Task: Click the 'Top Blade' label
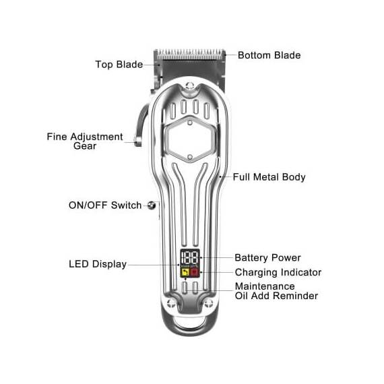click(119, 65)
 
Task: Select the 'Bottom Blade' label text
click(269, 55)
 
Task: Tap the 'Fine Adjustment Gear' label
click(85, 141)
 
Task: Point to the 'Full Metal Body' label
click(269, 177)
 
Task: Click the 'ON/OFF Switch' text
click(105, 205)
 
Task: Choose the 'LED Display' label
click(98, 264)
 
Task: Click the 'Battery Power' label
click(267, 257)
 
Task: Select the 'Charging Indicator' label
click(278, 272)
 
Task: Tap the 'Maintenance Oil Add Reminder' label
click(276, 291)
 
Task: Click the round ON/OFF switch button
click(152, 205)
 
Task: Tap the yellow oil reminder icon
click(185, 272)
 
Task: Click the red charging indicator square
click(195, 272)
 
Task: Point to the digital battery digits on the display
click(190, 257)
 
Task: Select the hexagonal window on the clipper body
click(190, 139)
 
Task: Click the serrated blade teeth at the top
click(191, 55)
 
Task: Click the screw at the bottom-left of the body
click(170, 304)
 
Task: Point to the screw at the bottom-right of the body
click(209, 304)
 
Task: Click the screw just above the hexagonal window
click(190, 122)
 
